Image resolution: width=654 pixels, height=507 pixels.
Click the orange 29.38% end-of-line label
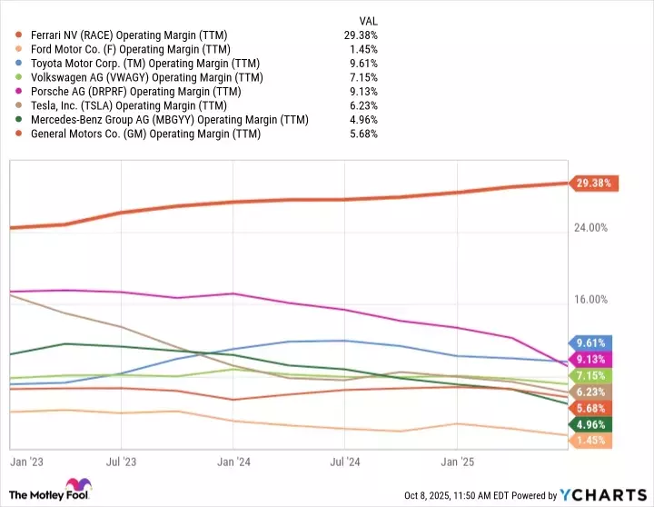point(594,183)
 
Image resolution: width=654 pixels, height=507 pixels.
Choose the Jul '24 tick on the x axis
point(344,461)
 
